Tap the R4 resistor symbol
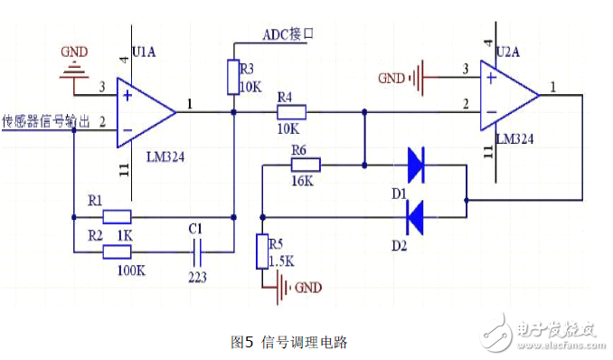point(291,113)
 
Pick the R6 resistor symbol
point(306,166)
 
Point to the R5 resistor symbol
point(262,251)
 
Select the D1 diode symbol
point(415,166)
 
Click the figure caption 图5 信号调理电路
point(289,342)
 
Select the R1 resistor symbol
point(117,216)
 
